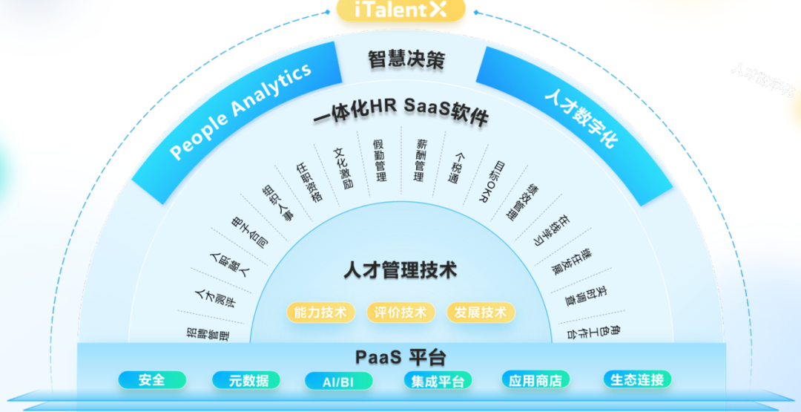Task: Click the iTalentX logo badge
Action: click(x=400, y=10)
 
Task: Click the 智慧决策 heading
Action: click(x=406, y=59)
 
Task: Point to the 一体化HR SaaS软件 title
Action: click(x=400, y=112)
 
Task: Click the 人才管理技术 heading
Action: click(x=400, y=269)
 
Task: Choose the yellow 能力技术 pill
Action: click(x=320, y=312)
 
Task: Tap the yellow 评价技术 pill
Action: click(x=400, y=312)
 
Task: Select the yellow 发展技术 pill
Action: click(x=481, y=312)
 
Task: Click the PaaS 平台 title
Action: click(x=400, y=357)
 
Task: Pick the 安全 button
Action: click(x=151, y=380)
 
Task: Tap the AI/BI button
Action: click(x=337, y=381)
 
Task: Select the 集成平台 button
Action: click(x=438, y=381)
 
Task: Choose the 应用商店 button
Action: click(x=535, y=380)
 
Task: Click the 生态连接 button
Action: click(x=636, y=379)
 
